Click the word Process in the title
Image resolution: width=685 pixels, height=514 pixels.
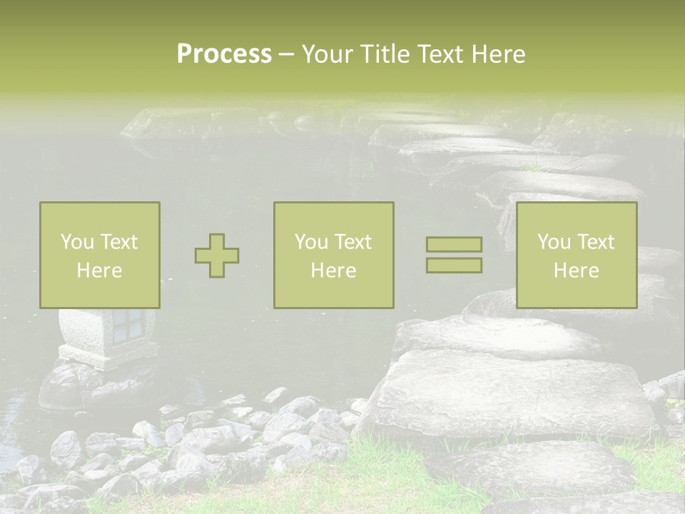[224, 54]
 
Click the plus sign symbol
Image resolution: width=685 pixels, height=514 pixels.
[217, 256]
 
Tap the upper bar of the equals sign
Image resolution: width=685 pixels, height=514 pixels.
[454, 245]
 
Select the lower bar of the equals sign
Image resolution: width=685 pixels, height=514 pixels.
[454, 266]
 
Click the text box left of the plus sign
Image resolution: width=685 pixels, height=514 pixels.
[100, 255]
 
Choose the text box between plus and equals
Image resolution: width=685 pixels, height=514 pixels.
[334, 255]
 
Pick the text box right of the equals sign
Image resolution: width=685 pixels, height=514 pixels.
[577, 255]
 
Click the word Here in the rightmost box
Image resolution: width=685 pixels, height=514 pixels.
[577, 271]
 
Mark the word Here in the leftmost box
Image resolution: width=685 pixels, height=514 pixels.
[100, 271]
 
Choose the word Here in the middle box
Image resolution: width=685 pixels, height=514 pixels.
[334, 271]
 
